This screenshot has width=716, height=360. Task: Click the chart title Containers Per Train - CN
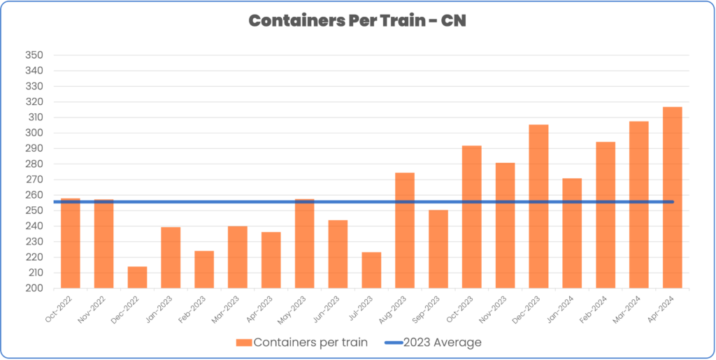[357, 21]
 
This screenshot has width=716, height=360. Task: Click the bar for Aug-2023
[405, 231]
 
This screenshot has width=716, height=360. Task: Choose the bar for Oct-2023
[472, 217]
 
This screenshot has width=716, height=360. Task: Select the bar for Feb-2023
[204, 269]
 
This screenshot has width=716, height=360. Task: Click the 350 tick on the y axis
[34, 55]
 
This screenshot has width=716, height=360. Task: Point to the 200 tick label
[34, 288]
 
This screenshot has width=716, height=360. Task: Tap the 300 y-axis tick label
[34, 133]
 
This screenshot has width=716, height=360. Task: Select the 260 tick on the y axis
[34, 195]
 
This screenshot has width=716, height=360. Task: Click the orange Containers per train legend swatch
[243, 343]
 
